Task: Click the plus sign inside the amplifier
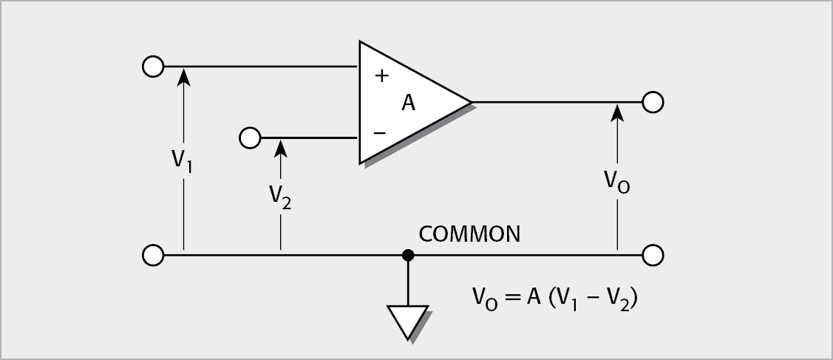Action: [x=381, y=75]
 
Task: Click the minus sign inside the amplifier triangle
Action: [x=380, y=132]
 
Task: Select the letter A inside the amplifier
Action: [x=408, y=103]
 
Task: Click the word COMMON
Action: [x=469, y=234]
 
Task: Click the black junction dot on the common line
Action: [x=407, y=256]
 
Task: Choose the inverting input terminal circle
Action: [x=250, y=137]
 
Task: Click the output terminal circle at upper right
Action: [x=653, y=102]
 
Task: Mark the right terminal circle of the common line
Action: [x=653, y=256]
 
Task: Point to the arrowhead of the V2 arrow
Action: [x=280, y=145]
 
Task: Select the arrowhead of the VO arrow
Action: [x=618, y=110]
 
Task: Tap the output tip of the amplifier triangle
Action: [x=470, y=102]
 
